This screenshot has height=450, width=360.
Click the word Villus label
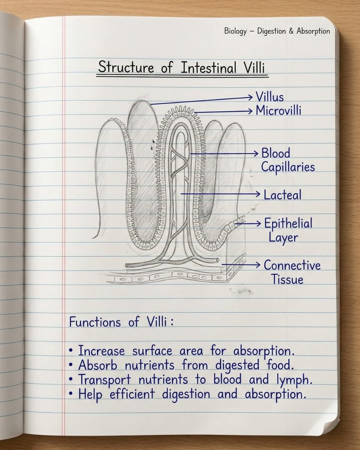[270, 97]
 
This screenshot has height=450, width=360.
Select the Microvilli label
[278, 111]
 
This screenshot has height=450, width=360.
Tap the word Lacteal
[282, 195]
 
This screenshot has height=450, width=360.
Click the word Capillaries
[288, 167]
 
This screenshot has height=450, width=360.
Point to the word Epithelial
[288, 223]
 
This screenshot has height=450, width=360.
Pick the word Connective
[292, 265]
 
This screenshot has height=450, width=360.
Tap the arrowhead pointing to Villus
[250, 97]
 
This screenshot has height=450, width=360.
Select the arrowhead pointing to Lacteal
[258, 194]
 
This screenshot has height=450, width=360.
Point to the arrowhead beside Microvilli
[250, 111]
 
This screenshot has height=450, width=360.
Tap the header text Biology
[235, 31]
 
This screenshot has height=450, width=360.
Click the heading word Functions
[95, 322]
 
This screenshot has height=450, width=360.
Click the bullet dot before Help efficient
[71, 393]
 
